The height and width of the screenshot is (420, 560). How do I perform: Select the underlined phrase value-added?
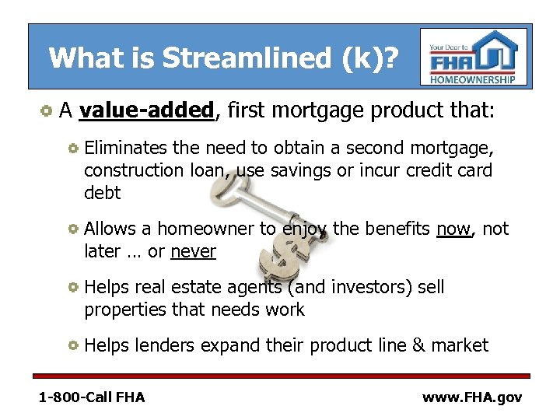[x=146, y=111]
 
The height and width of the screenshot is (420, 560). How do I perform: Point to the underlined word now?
[x=453, y=229]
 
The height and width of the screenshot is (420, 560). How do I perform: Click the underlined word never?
[x=193, y=252]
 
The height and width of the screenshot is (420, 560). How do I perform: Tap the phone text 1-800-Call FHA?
[x=92, y=397]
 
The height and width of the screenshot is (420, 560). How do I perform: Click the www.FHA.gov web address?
[x=471, y=397]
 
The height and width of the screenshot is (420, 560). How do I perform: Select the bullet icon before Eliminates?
[x=72, y=148]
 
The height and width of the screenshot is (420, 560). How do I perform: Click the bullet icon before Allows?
[x=72, y=229]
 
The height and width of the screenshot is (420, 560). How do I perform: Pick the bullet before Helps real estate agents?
[x=72, y=288]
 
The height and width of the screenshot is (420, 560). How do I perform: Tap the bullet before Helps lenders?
[x=72, y=345]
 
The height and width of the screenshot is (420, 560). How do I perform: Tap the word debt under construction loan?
[x=103, y=192]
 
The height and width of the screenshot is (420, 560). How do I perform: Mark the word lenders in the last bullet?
[x=165, y=345]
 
